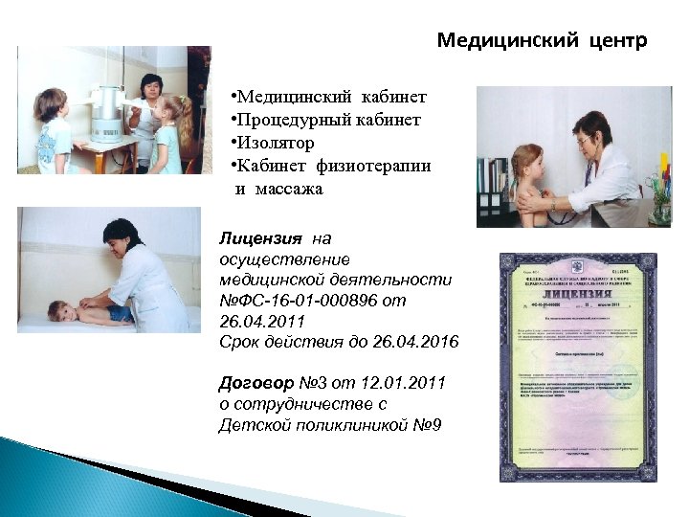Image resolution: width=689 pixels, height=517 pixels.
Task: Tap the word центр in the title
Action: coord(612,42)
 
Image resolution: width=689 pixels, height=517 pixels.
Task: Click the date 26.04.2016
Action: coord(421,342)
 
